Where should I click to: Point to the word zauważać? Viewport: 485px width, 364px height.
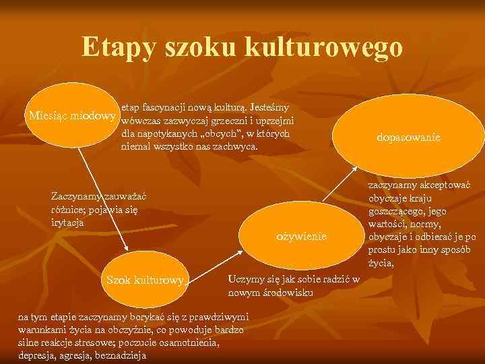click(x=122, y=196)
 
